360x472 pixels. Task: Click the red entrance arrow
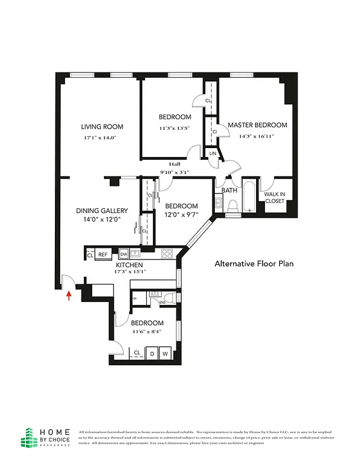[x=70, y=294]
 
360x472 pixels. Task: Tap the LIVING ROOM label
[x=102, y=126]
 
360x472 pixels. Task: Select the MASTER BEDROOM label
[x=257, y=125]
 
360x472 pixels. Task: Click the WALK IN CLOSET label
[x=274, y=197]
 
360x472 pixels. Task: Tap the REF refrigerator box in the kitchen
[x=103, y=254]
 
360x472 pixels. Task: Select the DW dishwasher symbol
[x=124, y=254]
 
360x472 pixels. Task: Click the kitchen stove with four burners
[x=167, y=254]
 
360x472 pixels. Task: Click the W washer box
[x=166, y=353]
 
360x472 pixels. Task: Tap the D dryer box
[x=152, y=353]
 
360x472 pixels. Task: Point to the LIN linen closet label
[x=212, y=153]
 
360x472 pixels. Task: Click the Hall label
[x=174, y=165]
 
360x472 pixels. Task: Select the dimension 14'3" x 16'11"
[x=257, y=136]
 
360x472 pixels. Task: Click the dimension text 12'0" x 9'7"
[x=181, y=215]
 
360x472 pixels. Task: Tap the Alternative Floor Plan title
[x=253, y=264]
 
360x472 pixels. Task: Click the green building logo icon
[x=28, y=437]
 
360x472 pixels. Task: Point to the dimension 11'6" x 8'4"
[x=147, y=333]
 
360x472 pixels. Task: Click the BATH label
[x=229, y=191]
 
